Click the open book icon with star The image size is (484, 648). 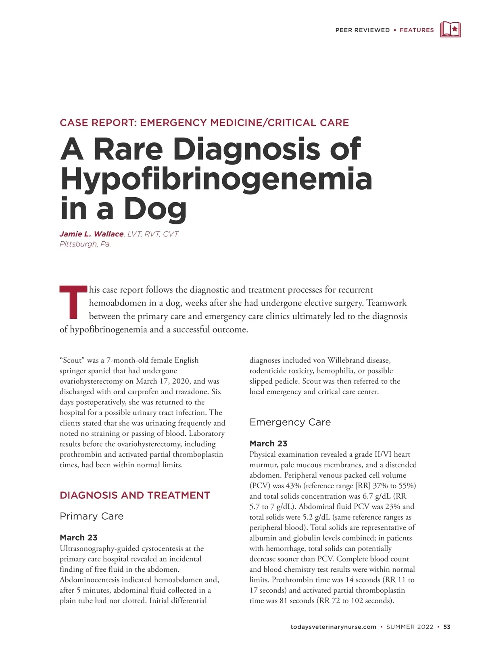click(450, 29)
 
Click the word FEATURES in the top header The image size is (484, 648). click(417, 30)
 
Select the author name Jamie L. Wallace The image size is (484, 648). click(92, 234)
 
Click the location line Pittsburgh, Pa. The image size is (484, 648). click(85, 244)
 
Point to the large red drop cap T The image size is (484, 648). click(73, 302)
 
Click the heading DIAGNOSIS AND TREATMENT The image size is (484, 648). click(135, 495)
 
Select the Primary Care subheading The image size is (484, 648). click(92, 516)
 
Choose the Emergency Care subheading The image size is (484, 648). click(290, 422)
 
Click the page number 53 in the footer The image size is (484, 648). click(447, 627)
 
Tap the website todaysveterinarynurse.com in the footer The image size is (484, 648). click(333, 627)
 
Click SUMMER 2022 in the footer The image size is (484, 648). click(409, 627)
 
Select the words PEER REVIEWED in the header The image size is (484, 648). click(362, 30)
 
